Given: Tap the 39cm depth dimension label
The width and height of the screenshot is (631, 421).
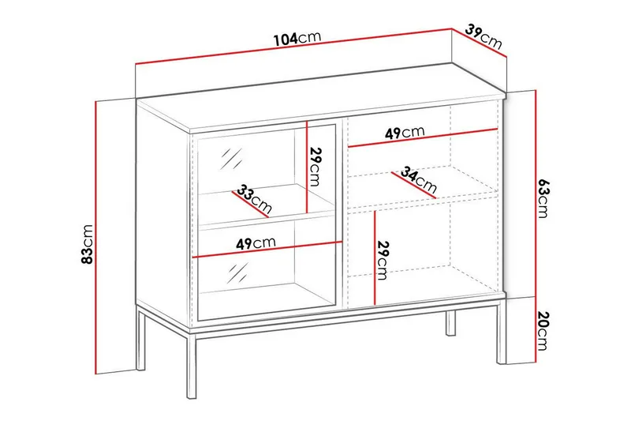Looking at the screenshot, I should tap(484, 36).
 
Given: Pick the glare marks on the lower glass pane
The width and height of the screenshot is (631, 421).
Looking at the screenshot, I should tap(233, 273).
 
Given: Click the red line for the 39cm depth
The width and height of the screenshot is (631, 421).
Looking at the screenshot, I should tap(476, 47).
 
